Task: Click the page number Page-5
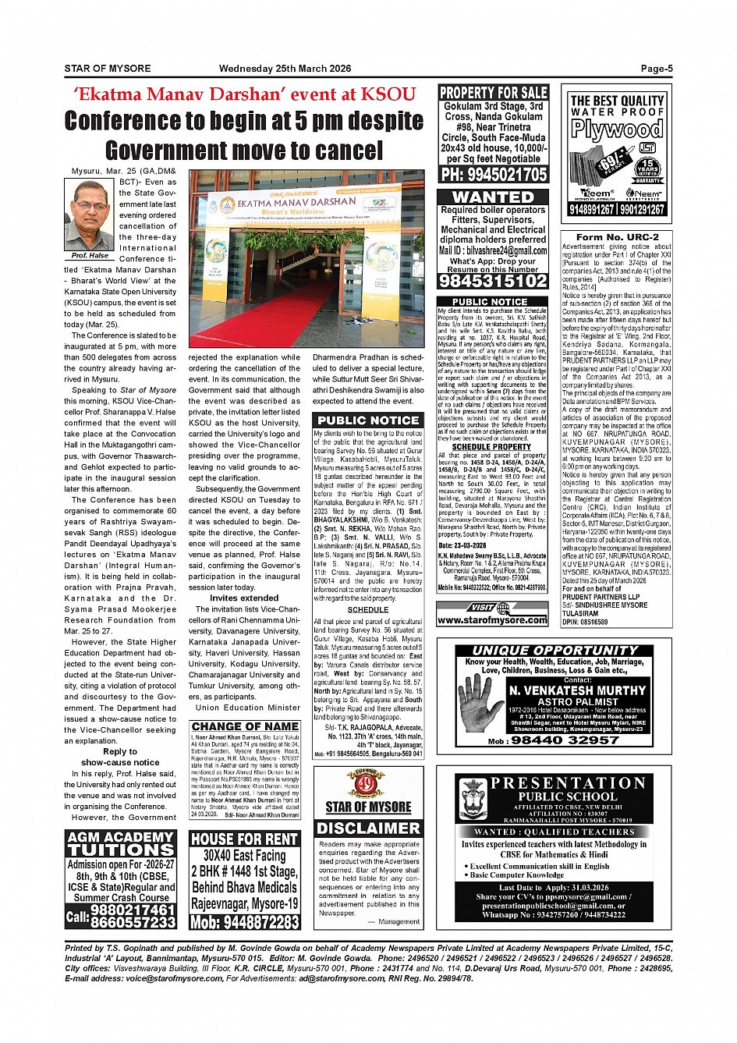[x=656, y=69]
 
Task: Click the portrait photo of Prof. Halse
[x=90, y=215]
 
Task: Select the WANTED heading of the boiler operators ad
[x=493, y=197]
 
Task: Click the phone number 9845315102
[x=493, y=281]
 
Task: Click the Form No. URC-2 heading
[x=617, y=237]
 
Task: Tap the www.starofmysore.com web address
[x=492, y=620]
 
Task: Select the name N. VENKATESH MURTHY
[x=577, y=690]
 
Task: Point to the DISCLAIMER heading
[x=368, y=828]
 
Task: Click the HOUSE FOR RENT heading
[x=244, y=839]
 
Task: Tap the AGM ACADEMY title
[x=120, y=837]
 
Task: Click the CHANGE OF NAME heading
[x=244, y=726]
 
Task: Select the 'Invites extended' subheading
[x=244, y=598]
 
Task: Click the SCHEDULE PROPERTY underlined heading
[x=491, y=447]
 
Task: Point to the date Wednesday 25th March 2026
[x=285, y=69]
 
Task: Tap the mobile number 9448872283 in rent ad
[x=244, y=922]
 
